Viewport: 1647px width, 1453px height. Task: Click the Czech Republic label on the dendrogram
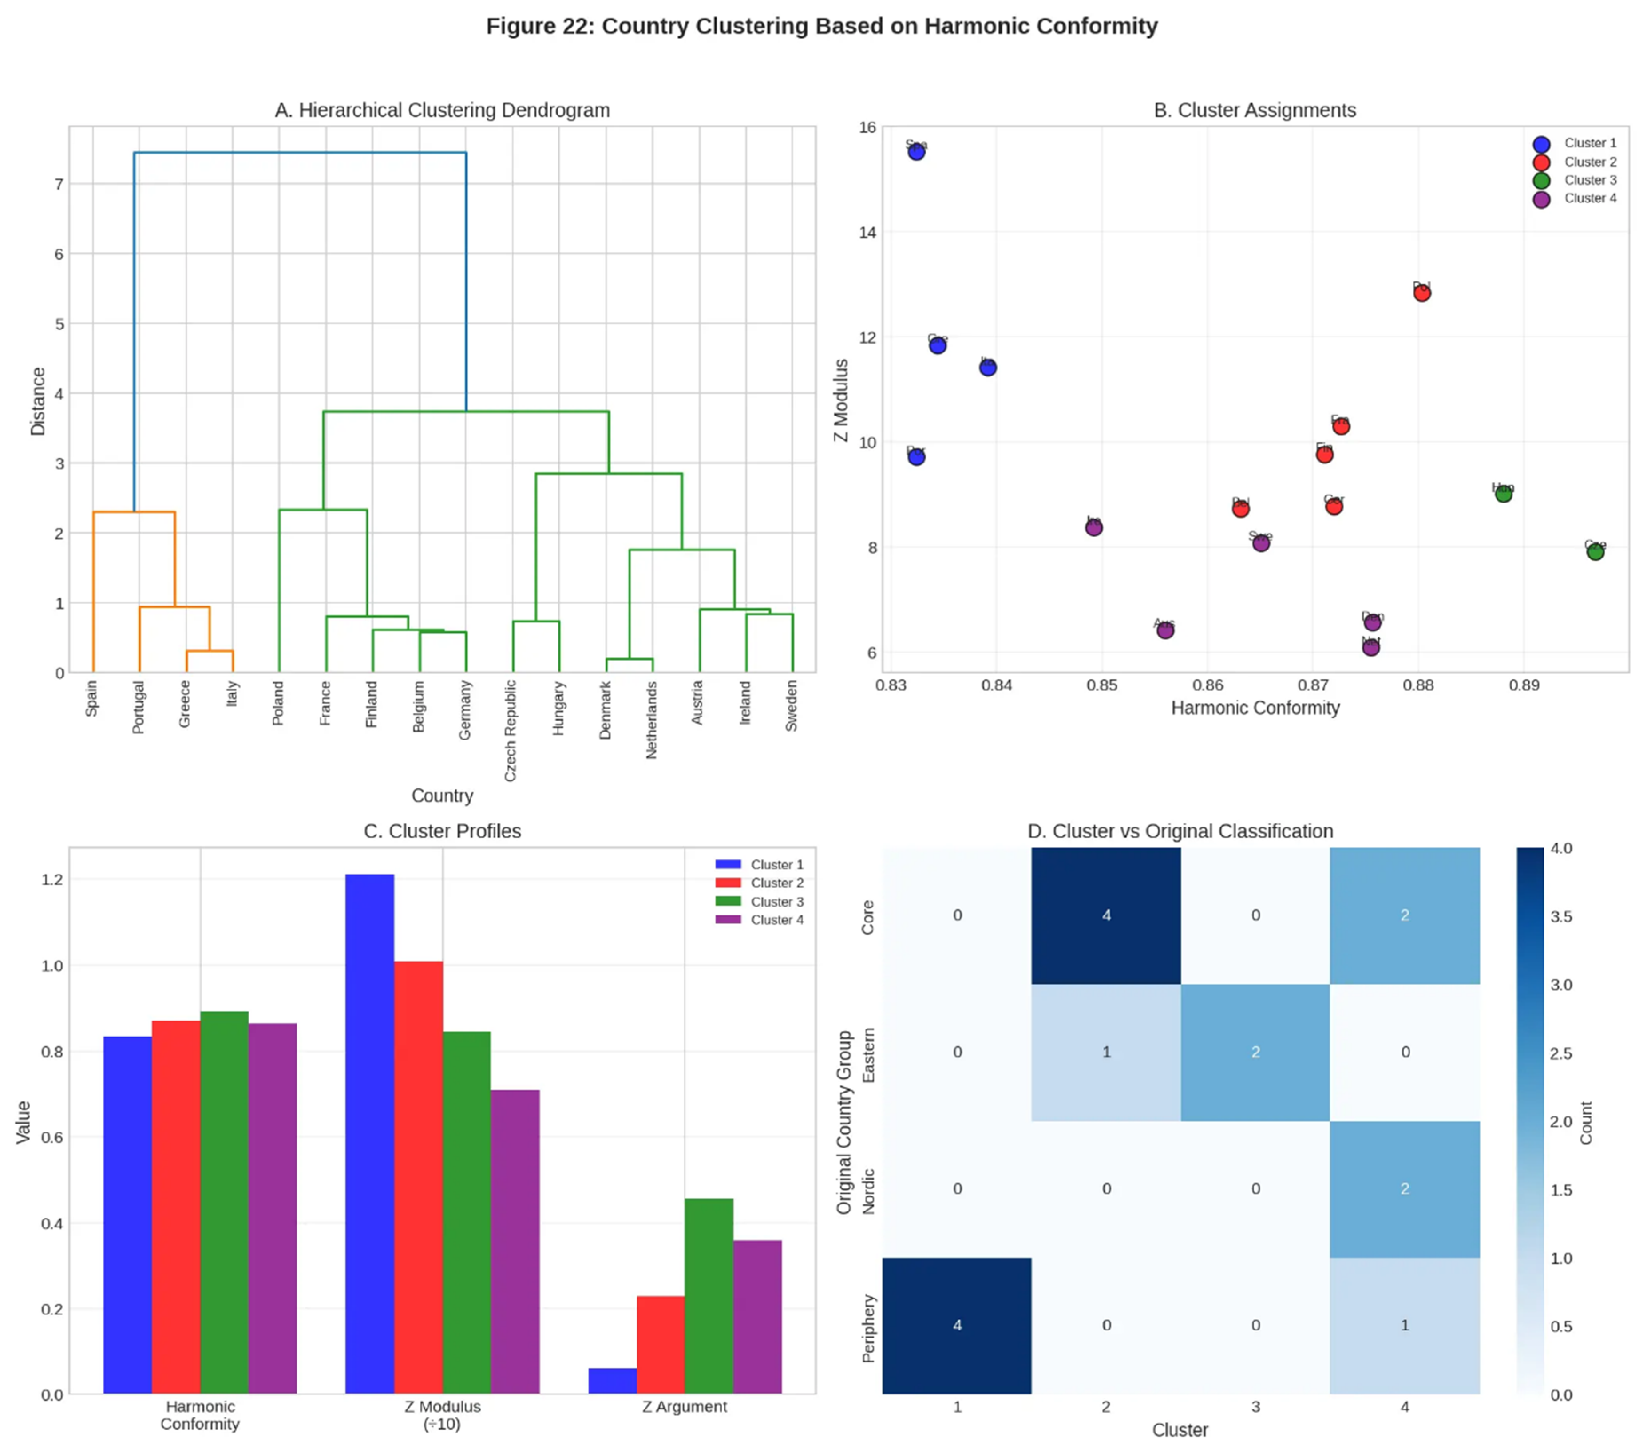(510, 730)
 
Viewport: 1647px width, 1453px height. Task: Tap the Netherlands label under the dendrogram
(652, 720)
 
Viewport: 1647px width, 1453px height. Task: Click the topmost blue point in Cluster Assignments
(916, 151)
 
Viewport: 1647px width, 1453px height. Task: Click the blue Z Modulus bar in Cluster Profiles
(370, 1132)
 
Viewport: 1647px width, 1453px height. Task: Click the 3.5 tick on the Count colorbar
(1561, 916)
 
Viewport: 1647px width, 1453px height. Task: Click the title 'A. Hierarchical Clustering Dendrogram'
(442, 111)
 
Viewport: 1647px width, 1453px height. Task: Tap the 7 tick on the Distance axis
(59, 185)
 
